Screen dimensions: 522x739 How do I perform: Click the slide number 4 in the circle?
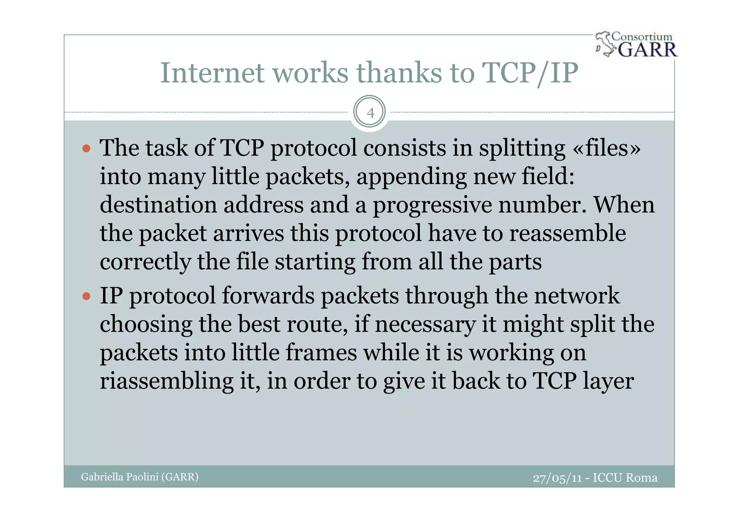tap(370, 113)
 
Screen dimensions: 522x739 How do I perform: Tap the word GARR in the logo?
tap(647, 49)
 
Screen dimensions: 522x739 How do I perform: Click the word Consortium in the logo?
tap(642, 37)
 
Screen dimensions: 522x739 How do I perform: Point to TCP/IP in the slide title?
tap(530, 73)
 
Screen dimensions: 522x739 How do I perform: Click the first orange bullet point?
tap(86, 149)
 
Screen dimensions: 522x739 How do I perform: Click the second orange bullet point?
tap(86, 297)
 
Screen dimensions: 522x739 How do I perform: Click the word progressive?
tap(432, 205)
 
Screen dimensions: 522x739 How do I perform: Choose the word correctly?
tap(145, 262)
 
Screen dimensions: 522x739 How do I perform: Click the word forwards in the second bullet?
tap(268, 296)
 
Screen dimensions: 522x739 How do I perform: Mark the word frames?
tap(321, 352)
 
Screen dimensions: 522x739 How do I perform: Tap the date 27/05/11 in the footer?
tap(557, 478)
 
